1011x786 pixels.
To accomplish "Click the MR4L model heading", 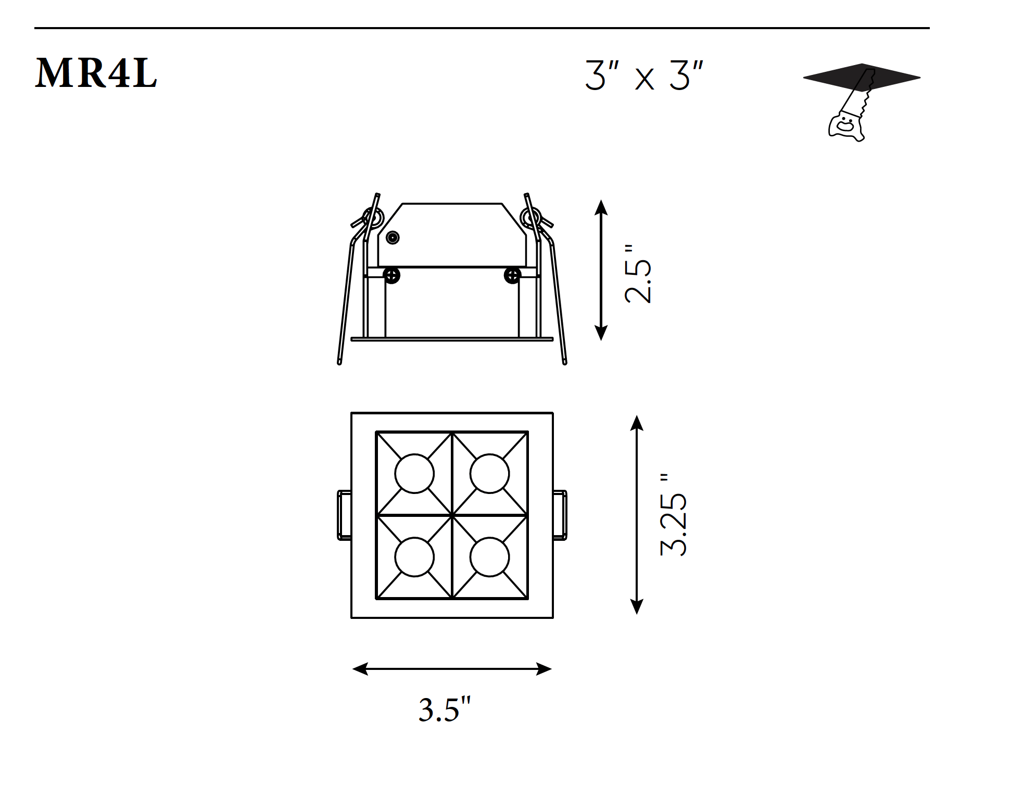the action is [96, 73].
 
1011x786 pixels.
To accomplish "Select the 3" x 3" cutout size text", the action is [644, 76].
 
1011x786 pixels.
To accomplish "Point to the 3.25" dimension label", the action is [674, 515].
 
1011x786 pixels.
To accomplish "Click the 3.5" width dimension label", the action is [445, 709].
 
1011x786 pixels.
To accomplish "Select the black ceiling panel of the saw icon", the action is [862, 78].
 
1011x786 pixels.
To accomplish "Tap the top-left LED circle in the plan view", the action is [414, 474].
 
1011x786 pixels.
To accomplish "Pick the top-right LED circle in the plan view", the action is [489, 474].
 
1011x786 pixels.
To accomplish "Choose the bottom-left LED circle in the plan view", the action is [414, 557].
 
